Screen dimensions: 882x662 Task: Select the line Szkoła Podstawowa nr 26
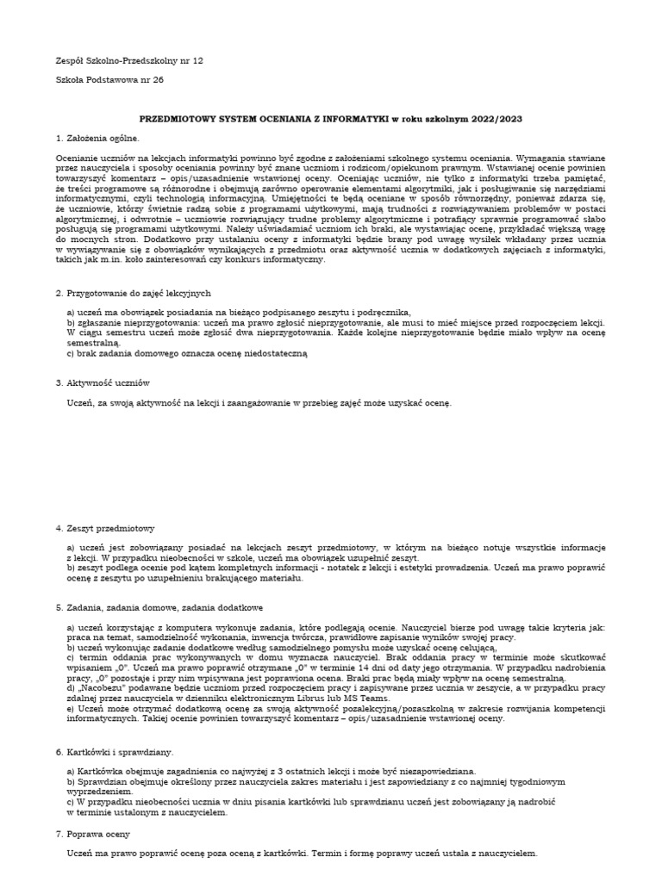pyautogui.click(x=109, y=80)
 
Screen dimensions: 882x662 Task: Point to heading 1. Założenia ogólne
pyautogui.click(x=97, y=138)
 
